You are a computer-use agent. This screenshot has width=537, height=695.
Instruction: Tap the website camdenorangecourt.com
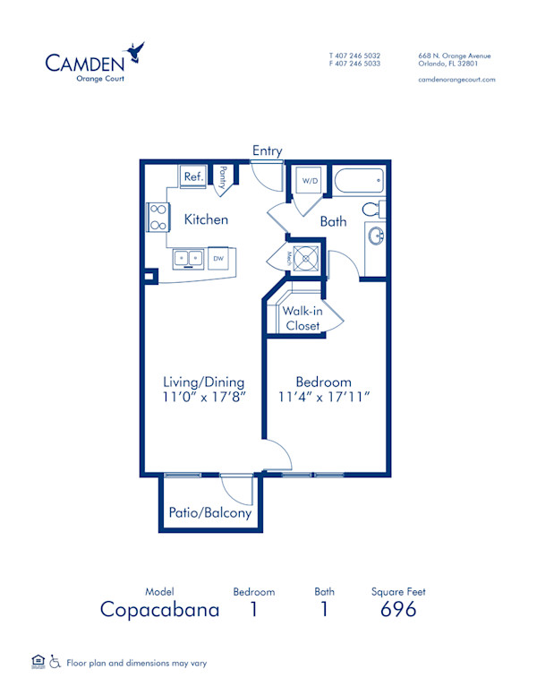pyautogui.click(x=456, y=80)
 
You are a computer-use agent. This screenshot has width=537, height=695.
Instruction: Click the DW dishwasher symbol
pyautogui.click(x=217, y=259)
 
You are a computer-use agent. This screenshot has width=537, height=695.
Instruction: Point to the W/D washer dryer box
pyautogui.click(x=310, y=181)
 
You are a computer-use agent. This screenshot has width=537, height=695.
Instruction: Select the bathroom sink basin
pyautogui.click(x=375, y=239)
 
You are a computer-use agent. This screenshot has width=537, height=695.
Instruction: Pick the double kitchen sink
pyautogui.click(x=189, y=259)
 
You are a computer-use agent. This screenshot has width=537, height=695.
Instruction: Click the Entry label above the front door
pyautogui.click(x=267, y=150)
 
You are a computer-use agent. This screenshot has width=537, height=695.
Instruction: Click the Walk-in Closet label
pyautogui.click(x=303, y=318)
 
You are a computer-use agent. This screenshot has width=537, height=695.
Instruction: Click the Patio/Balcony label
pyautogui.click(x=210, y=513)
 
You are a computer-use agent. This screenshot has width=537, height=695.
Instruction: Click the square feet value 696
pyautogui.click(x=398, y=610)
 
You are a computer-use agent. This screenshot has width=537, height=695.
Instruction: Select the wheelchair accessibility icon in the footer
pyautogui.click(x=55, y=663)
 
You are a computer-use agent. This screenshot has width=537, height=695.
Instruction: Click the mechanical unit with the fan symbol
pyautogui.click(x=308, y=257)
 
